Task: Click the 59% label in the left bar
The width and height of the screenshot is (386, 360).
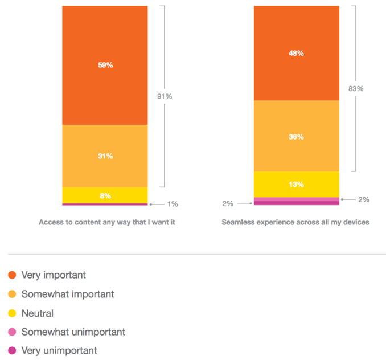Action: [x=105, y=65]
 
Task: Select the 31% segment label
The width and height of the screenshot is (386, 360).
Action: [x=105, y=156]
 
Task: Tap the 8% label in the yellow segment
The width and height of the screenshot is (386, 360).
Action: [x=105, y=196]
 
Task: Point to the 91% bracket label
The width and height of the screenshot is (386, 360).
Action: [x=165, y=96]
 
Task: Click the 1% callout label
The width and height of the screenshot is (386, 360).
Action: [x=173, y=204]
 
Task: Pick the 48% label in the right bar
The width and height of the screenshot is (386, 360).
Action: [x=296, y=53]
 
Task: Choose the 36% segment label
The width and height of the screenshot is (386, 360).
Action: [x=296, y=137]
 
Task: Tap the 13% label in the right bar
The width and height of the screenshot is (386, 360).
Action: [x=296, y=185]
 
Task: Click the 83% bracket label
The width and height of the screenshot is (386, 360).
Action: [x=356, y=89]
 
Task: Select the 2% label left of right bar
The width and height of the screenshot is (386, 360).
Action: [x=228, y=203]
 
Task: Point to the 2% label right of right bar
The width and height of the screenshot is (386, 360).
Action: [x=364, y=199]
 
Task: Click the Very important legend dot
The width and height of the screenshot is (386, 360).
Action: [x=12, y=275]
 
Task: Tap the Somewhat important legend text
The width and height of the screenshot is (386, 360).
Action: [x=68, y=294]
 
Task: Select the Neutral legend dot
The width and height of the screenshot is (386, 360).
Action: [x=12, y=313]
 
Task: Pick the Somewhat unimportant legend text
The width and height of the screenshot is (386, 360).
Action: [x=73, y=332]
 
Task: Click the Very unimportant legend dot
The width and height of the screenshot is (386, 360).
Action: [x=12, y=350]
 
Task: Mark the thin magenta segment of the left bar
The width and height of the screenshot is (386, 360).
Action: [x=105, y=204]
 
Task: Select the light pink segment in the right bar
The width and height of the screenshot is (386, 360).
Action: [x=297, y=199]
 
